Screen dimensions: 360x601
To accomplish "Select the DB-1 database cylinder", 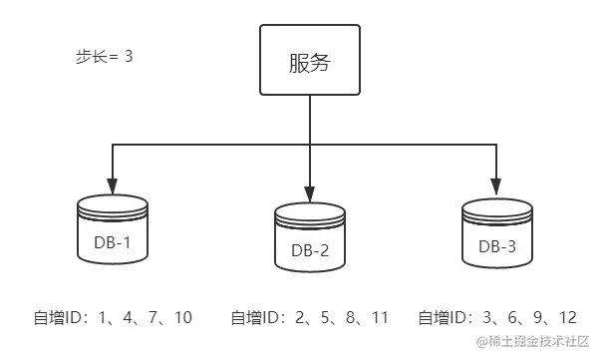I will click(113, 231).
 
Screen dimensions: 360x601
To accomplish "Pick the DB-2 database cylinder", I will click(311, 239).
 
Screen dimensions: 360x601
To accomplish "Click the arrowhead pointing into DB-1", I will click(113, 186).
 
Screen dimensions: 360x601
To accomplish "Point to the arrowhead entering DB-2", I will click(311, 193).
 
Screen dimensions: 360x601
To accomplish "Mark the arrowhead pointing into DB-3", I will click(495, 186).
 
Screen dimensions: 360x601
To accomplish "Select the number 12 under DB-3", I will click(566, 318).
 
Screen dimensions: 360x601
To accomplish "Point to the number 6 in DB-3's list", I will click(508, 318).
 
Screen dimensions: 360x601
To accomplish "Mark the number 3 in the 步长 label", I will click(128, 57).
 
